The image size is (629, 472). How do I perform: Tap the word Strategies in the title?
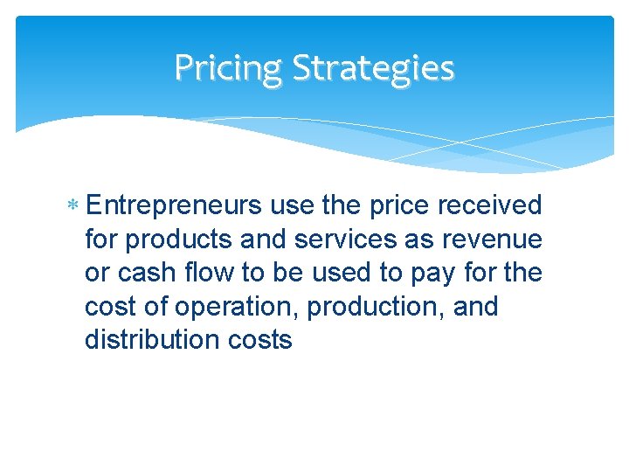(x=373, y=67)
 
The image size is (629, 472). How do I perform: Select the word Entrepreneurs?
(x=175, y=205)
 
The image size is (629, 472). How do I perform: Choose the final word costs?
(x=260, y=340)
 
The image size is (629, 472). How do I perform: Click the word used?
(x=345, y=273)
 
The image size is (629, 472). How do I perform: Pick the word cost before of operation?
(x=111, y=307)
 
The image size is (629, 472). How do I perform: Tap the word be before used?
(x=289, y=273)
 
